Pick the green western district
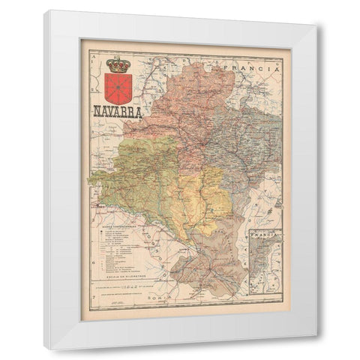(135, 180)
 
